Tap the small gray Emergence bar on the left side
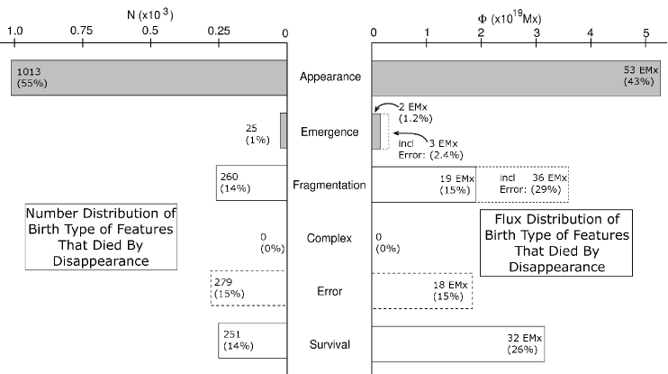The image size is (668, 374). tap(283, 131)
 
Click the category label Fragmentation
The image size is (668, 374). tap(329, 186)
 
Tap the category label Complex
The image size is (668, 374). tap(329, 239)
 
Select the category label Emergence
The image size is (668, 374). tap(330, 132)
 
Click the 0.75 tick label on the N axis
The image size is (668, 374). tap(82, 31)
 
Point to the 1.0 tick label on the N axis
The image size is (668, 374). tap(15, 31)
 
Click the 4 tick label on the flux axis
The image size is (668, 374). tap(591, 31)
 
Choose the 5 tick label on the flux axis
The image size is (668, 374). tap(645, 31)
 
